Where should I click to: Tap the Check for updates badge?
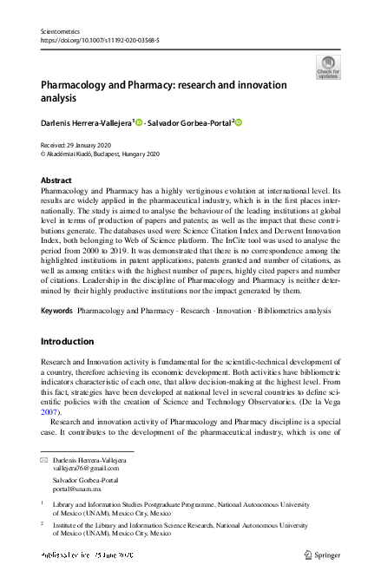tap(328, 68)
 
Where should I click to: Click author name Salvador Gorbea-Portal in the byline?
tap(187, 123)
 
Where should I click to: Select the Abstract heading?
tap(56, 180)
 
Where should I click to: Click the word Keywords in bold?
tap(56, 286)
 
